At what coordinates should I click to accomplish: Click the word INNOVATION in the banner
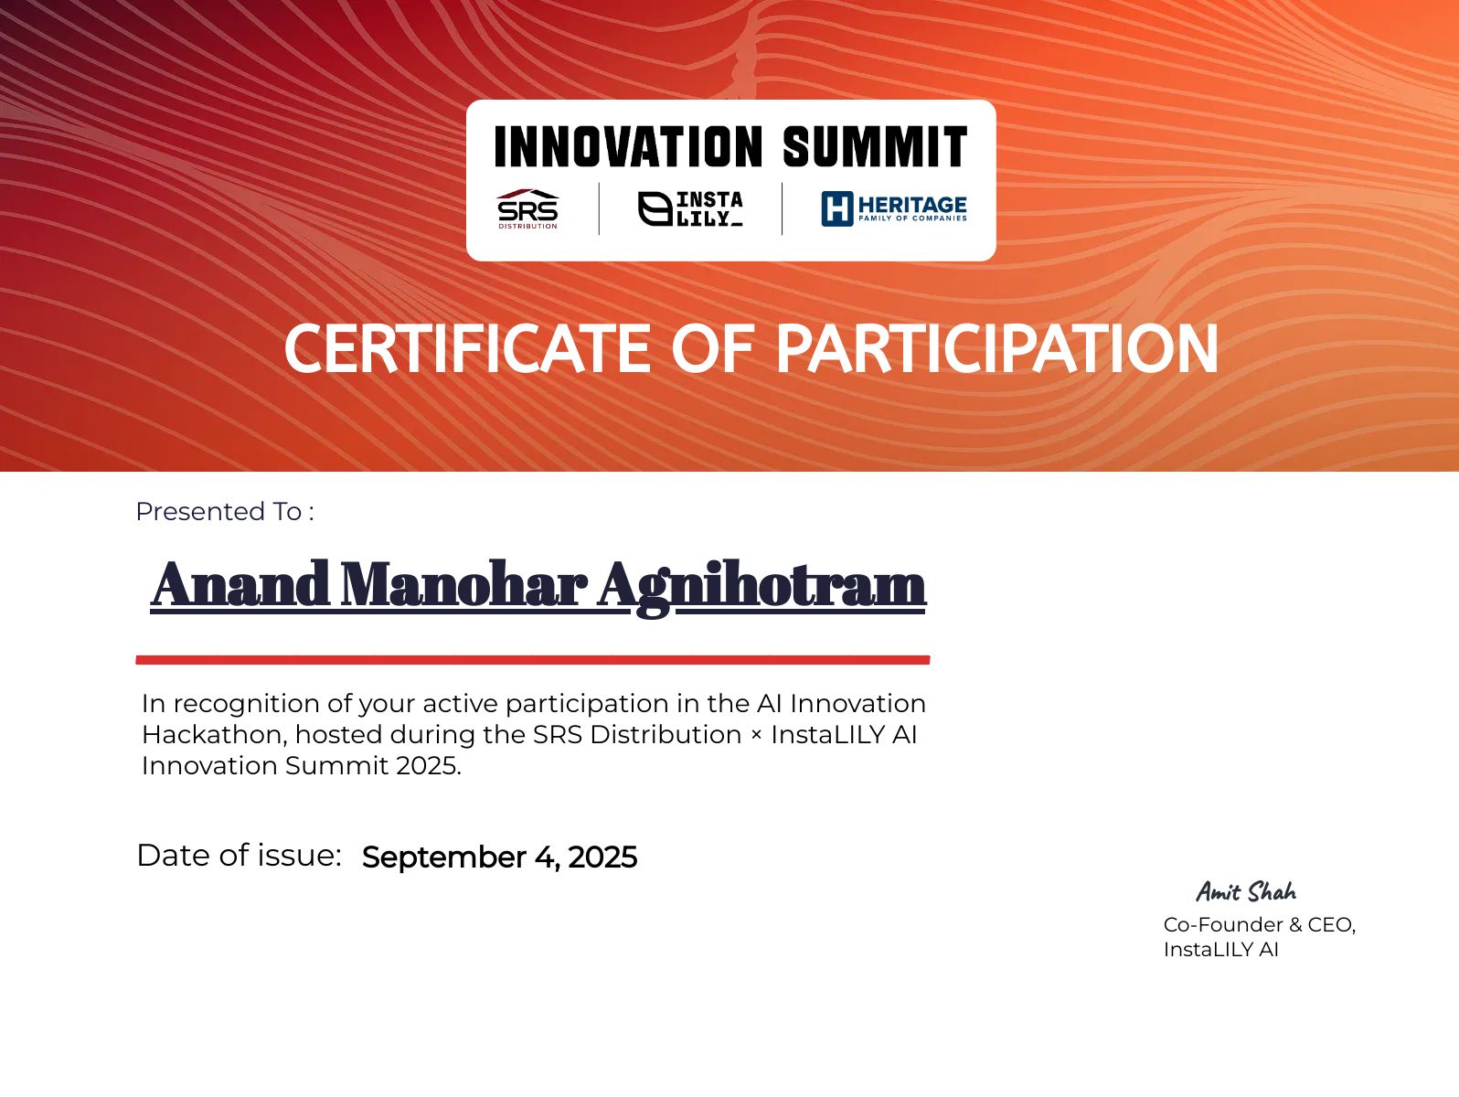click(x=628, y=147)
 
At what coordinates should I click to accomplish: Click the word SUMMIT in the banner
click(x=875, y=147)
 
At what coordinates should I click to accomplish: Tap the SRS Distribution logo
click(x=527, y=209)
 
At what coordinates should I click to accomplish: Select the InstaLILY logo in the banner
click(x=690, y=208)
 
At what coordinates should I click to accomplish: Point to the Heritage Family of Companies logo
click(x=893, y=208)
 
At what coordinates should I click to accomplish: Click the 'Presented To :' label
click(x=225, y=512)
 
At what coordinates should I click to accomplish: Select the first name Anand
click(x=240, y=585)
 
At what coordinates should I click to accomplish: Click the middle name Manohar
click(x=463, y=585)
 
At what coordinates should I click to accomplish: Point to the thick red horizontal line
click(x=532, y=659)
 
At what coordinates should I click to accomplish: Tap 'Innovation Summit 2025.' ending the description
click(x=301, y=766)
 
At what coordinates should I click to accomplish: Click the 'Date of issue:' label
click(x=239, y=856)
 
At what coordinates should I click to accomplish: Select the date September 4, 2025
click(x=499, y=857)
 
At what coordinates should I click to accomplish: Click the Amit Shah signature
click(x=1246, y=891)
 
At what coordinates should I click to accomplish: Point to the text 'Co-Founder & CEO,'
click(x=1259, y=925)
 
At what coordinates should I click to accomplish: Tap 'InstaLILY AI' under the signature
click(x=1220, y=950)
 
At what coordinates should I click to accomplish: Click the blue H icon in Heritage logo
click(x=836, y=208)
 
